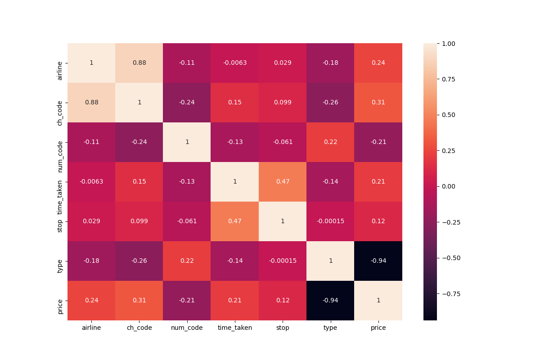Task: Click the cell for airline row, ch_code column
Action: [139, 63]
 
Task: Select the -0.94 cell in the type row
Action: [378, 261]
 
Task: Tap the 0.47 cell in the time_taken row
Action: [283, 182]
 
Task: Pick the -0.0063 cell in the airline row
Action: [235, 63]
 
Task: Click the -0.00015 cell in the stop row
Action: [330, 221]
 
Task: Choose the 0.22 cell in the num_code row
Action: [330, 142]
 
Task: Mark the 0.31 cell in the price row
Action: [139, 301]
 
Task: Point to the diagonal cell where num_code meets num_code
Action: [187, 142]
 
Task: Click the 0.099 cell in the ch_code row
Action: [283, 103]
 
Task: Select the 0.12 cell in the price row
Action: [283, 301]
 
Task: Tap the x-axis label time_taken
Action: [235, 328]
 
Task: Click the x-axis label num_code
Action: [187, 328]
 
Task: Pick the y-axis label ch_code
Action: [60, 103]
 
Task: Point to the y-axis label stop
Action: [60, 221]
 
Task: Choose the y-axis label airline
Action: [60, 63]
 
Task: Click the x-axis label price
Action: [378, 328]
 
